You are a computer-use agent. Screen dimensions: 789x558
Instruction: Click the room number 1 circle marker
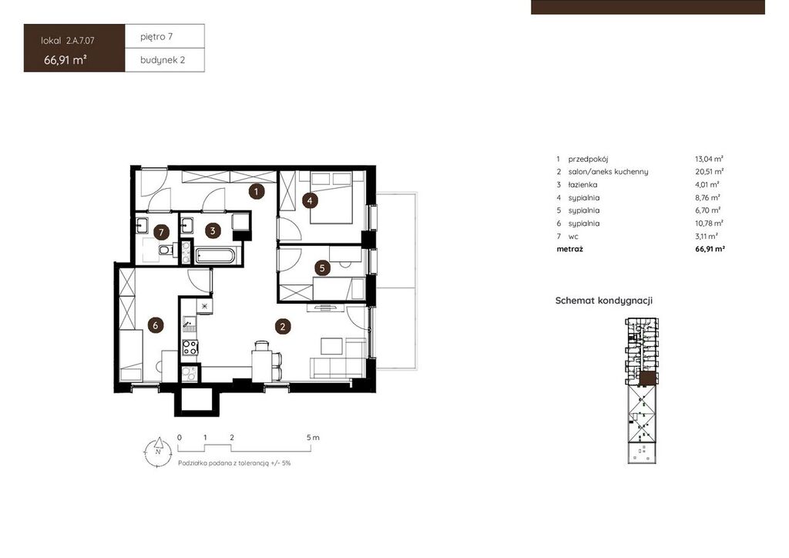click(256, 191)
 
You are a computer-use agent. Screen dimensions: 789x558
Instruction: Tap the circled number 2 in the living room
click(283, 327)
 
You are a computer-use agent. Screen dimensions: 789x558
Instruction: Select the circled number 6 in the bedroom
click(155, 325)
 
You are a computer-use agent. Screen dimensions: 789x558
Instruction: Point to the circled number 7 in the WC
click(162, 232)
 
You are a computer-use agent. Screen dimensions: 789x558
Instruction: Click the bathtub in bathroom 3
click(214, 256)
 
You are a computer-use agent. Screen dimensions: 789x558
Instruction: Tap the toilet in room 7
click(166, 250)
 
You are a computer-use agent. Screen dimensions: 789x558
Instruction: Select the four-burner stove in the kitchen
click(190, 347)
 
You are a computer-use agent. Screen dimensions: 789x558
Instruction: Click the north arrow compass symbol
click(158, 452)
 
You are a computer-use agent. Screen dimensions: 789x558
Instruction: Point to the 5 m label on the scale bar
click(313, 437)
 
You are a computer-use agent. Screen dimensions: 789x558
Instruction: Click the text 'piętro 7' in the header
click(156, 37)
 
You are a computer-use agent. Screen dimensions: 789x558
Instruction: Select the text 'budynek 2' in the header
click(163, 60)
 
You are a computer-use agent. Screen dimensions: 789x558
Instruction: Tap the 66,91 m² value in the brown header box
click(65, 60)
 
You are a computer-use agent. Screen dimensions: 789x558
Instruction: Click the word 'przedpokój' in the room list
click(588, 159)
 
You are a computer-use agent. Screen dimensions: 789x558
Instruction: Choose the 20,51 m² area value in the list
click(710, 172)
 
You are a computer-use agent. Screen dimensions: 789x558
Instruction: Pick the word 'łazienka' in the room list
click(583, 185)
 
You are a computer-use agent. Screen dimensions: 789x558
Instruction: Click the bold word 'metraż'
click(569, 249)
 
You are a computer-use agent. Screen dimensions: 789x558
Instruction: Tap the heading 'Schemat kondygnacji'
click(604, 301)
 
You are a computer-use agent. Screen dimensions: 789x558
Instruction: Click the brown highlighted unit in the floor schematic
click(649, 379)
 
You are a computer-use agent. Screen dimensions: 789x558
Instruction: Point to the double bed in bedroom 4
click(331, 197)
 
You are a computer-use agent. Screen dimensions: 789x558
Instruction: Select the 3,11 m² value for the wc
click(707, 236)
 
